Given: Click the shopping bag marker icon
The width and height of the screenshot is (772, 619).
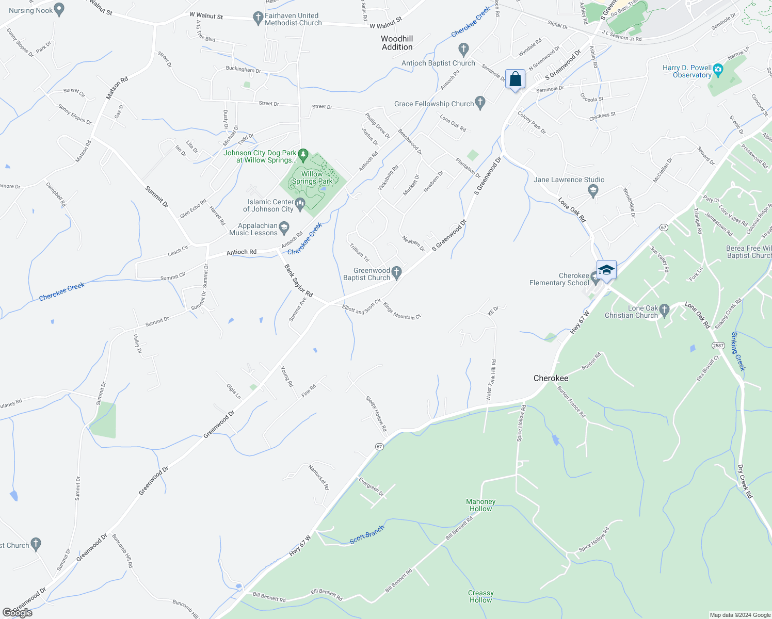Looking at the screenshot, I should pos(515,80).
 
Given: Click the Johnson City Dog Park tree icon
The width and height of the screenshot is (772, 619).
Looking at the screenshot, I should pos(303,154).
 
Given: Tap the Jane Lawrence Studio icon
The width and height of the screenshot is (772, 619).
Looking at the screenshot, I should pos(593,191).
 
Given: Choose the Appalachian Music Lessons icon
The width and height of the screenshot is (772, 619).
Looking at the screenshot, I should pos(284,227).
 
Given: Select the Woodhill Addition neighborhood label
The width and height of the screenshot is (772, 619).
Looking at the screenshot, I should pos(397,43).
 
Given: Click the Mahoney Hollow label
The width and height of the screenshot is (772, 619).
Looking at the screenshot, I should pos(480,505).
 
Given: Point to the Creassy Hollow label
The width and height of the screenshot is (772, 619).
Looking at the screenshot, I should pos(480,596).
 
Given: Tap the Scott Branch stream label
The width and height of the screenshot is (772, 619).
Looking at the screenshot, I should pos(367,534).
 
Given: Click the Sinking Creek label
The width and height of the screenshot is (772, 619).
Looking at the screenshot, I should pos(738,351).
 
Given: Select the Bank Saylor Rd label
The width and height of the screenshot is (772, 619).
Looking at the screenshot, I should pos(299,281).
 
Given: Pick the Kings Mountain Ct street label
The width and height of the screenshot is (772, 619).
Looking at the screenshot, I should pos(402,311).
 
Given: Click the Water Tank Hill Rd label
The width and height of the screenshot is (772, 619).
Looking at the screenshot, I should pos(491,380).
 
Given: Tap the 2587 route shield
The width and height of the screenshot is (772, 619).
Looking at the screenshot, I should pos(717,345).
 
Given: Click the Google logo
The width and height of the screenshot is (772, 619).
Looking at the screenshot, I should pos(17,613).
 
